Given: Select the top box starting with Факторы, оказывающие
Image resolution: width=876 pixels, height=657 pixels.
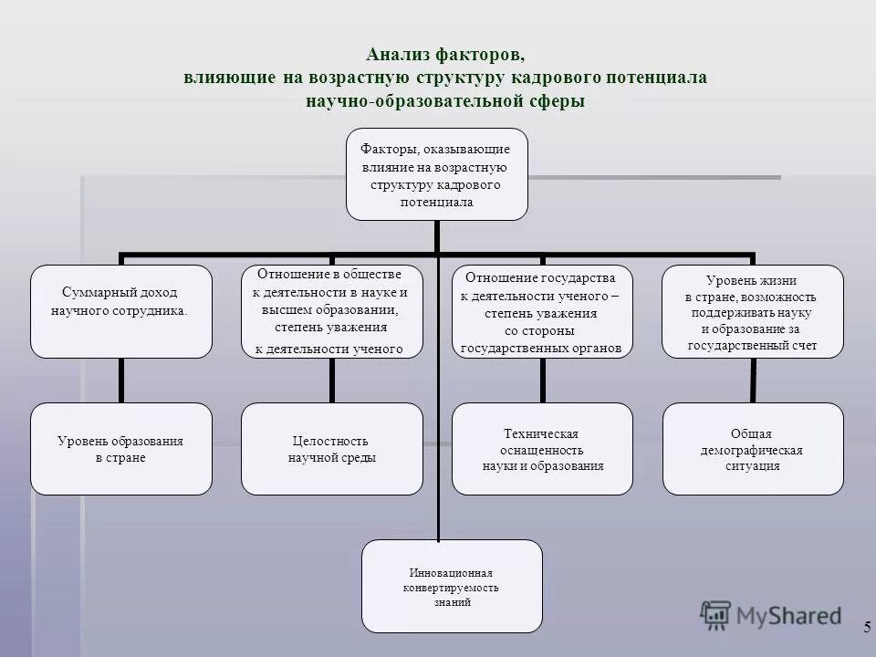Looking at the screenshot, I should tap(436, 174).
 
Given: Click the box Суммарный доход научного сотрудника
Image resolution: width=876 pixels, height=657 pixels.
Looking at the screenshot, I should tap(120, 311).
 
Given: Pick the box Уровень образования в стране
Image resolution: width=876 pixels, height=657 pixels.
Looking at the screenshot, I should tap(120, 448).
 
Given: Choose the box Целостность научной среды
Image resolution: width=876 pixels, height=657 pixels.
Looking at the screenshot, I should tap(331, 448).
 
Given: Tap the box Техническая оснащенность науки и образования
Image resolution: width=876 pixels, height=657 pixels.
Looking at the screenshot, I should tap(543, 448).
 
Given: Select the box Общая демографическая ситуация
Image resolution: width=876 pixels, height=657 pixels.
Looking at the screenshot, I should tap(753, 448).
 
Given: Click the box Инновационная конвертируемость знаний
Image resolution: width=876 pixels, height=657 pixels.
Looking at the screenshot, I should tap(452, 586).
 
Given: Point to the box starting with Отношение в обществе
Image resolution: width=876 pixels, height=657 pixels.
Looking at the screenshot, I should tap(331, 311).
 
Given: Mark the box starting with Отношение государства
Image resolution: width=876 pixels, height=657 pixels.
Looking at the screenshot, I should tap(543, 311).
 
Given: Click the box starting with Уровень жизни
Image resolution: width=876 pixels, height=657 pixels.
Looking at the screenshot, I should tap(753, 311).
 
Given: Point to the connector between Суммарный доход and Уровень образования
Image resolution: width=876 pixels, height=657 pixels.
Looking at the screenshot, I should tap(120, 380).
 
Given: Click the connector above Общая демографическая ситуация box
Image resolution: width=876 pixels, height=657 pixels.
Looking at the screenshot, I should tap(753, 380).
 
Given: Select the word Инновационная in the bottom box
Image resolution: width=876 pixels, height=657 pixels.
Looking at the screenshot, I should tap(451, 573).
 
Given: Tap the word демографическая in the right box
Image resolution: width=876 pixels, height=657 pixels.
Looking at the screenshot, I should tap(752, 450).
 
